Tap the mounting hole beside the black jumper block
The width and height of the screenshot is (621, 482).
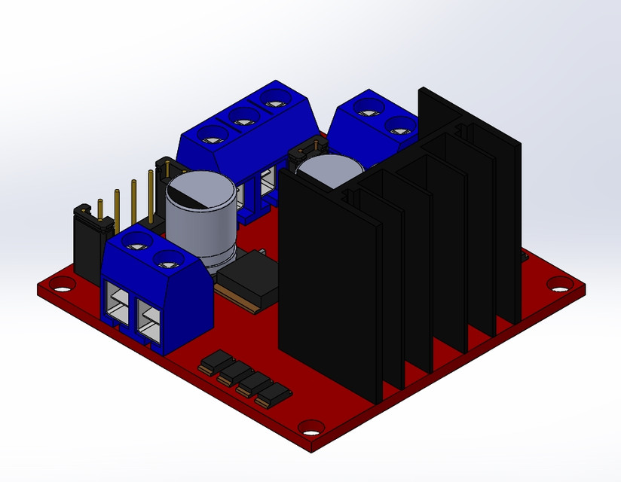click(63, 285)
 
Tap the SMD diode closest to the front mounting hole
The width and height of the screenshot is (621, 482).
click(274, 393)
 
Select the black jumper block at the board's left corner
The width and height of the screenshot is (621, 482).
click(89, 241)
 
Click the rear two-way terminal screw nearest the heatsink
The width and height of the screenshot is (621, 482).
click(398, 126)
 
